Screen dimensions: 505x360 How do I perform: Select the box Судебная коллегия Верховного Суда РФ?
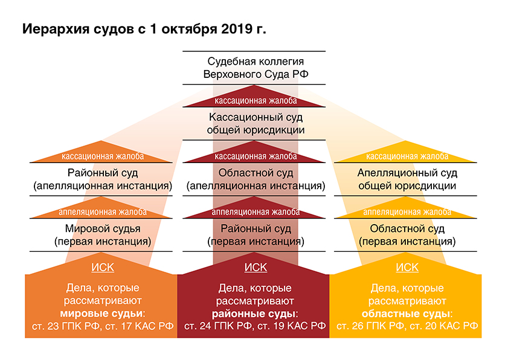[254, 68]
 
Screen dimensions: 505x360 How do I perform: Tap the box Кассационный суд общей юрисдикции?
[254, 123]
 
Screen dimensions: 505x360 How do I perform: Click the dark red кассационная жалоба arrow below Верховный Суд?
[254, 97]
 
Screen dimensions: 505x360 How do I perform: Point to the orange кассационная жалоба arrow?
[101, 153]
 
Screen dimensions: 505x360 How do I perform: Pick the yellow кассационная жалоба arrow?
[405, 153]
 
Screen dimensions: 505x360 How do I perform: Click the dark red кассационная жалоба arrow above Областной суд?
[254, 153]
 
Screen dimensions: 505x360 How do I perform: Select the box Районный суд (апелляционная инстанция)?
[101, 179]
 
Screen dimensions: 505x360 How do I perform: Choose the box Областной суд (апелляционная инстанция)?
[254, 179]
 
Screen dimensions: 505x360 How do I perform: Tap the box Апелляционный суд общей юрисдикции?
[405, 179]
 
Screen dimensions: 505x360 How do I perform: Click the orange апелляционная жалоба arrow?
[101, 208]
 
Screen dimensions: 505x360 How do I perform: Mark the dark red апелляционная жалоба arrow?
[254, 208]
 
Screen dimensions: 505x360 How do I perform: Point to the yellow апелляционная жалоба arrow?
[405, 208]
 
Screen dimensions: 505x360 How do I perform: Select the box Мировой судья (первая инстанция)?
[101, 235]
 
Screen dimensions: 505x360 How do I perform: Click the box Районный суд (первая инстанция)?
[254, 235]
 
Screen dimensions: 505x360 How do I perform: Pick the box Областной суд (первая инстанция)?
[405, 235]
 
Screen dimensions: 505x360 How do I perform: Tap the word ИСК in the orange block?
[103, 268]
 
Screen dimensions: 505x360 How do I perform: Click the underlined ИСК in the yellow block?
[407, 268]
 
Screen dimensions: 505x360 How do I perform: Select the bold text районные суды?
[253, 313]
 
